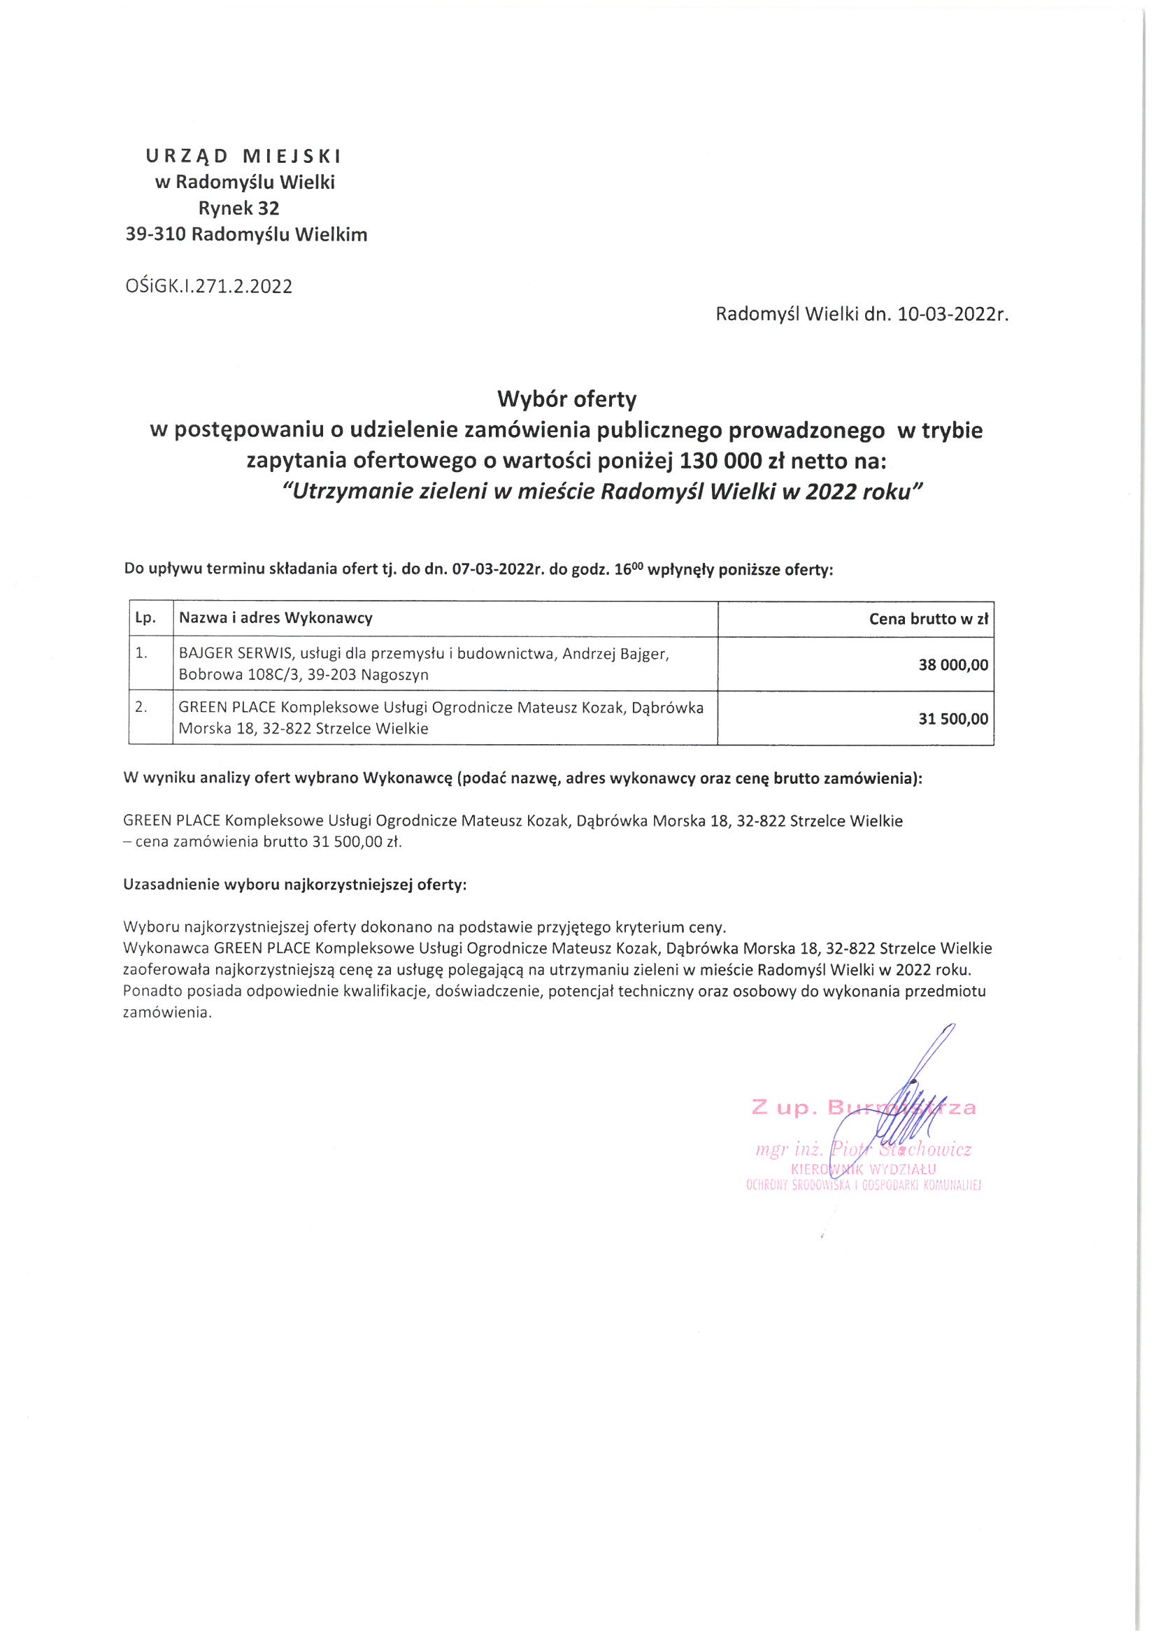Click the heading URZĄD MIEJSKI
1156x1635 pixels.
[x=243, y=155]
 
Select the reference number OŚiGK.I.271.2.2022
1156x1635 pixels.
[x=208, y=286]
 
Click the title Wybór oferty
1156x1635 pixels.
[x=566, y=399]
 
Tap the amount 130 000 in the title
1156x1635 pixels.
[x=721, y=461]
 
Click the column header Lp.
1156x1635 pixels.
[x=145, y=618]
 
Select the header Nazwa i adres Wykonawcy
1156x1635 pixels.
[x=276, y=618]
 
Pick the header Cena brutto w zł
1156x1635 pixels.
[x=928, y=619]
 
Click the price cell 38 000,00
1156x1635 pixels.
[x=953, y=665]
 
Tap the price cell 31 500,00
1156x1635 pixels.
[x=953, y=719]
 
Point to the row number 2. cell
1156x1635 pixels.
[x=142, y=707]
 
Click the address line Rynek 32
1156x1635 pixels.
[x=238, y=208]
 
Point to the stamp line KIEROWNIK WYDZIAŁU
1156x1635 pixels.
[x=863, y=1169]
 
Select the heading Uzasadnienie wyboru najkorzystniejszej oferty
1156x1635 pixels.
[x=295, y=885]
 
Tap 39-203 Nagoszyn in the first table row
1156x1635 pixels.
[x=369, y=674]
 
